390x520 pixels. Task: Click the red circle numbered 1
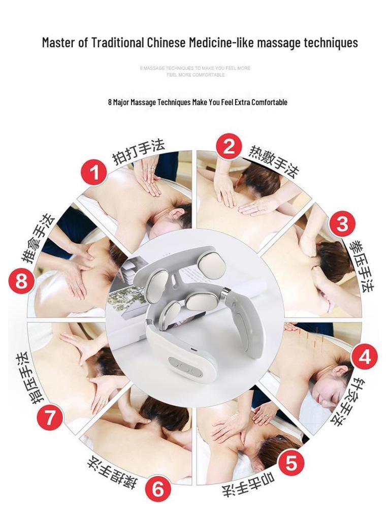(x=94, y=173)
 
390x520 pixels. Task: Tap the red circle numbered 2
(x=229, y=147)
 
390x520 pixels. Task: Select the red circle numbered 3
(x=342, y=223)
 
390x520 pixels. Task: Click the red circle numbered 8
(x=22, y=280)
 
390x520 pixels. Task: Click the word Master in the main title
(x=58, y=43)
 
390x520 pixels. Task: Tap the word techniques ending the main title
(x=331, y=43)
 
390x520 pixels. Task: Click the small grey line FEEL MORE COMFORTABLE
(x=196, y=75)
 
